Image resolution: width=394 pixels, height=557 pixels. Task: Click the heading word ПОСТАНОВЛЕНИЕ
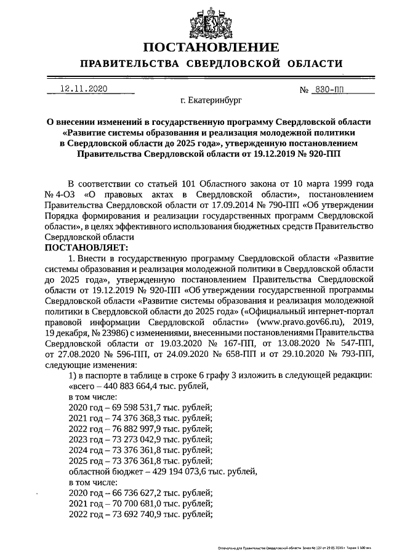coord(211,47)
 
